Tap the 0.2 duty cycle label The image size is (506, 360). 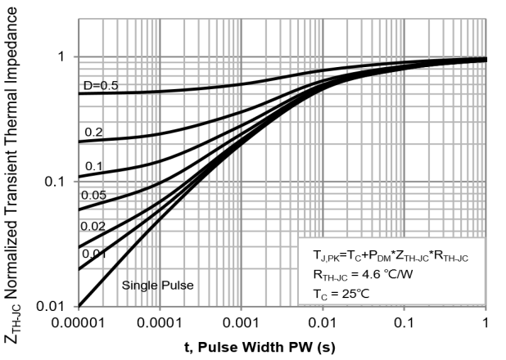coord(95,132)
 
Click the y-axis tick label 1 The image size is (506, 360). coord(59,56)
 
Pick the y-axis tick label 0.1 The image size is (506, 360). coord(53,181)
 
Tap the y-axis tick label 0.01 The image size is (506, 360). coord(51,306)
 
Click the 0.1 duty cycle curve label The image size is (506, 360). coord(93,166)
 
